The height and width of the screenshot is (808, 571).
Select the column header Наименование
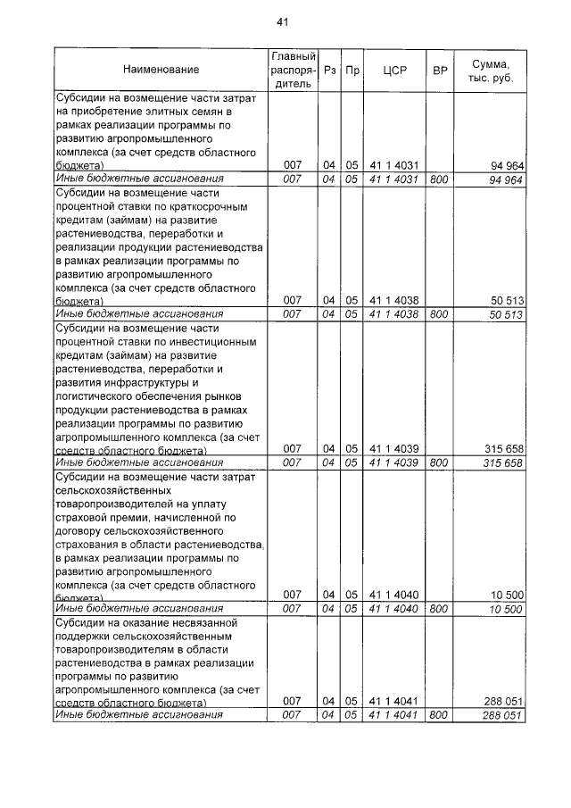tap(161, 69)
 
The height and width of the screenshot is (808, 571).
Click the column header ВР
tap(439, 69)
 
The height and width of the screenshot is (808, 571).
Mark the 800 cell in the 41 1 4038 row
tap(438, 314)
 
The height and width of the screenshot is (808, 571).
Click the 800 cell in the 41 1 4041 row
tap(438, 715)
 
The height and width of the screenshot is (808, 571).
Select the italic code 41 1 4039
tap(394, 463)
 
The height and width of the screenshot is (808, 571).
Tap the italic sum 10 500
tap(506, 609)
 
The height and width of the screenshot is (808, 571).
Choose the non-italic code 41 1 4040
tap(394, 595)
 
